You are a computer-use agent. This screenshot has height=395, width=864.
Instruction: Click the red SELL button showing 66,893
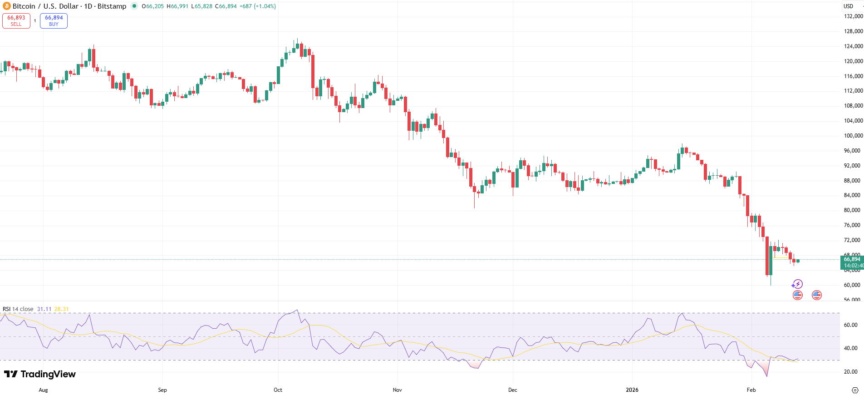tap(16, 20)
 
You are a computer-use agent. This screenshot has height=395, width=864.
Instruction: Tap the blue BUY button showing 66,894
tap(54, 20)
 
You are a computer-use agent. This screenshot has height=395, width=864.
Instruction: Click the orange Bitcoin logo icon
tap(6, 6)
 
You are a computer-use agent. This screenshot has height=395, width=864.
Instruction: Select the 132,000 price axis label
tap(853, 16)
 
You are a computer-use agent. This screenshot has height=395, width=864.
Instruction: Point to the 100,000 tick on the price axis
tap(853, 136)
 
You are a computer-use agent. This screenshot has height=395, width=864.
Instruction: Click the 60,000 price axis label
tap(852, 285)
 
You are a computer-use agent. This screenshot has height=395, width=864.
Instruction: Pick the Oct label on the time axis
tap(278, 390)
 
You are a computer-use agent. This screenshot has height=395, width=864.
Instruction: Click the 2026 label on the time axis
tap(632, 390)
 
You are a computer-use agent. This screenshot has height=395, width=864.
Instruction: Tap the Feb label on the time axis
tap(751, 390)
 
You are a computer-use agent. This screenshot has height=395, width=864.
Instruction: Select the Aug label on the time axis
tap(43, 390)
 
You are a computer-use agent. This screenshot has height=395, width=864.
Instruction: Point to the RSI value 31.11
tap(44, 309)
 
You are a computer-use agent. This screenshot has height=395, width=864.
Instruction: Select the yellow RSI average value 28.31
tap(61, 309)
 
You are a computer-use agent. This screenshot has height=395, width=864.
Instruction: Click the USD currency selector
tap(849, 6)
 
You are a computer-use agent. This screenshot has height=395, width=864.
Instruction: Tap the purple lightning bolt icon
tap(797, 284)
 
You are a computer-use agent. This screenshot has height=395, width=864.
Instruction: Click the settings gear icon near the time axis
tap(855, 390)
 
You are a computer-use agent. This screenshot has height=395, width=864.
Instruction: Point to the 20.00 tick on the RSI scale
tap(850, 372)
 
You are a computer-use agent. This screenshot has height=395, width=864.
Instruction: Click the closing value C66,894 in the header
tap(226, 6)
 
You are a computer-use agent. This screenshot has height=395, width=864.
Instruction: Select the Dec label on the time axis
tap(512, 390)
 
